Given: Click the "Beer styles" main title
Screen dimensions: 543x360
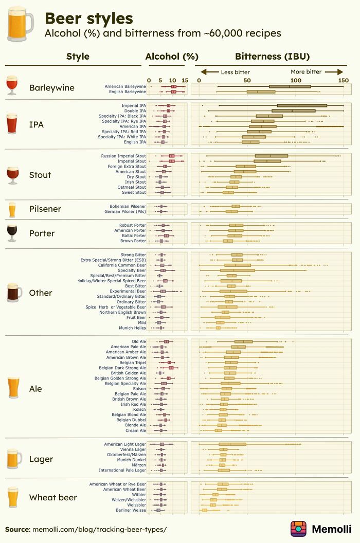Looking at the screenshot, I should click(x=88, y=19).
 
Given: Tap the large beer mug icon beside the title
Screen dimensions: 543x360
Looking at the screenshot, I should click(x=19, y=24).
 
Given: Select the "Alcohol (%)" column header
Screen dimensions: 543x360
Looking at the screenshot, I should click(x=172, y=57).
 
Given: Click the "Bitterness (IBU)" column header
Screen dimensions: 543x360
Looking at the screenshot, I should click(x=272, y=57).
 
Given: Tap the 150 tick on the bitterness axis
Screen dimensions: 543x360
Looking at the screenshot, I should click(x=343, y=80).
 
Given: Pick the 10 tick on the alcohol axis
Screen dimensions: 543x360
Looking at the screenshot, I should click(x=173, y=80).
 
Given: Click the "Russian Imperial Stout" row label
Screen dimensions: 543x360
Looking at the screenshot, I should click(x=123, y=156).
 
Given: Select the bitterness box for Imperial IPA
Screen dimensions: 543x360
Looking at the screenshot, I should click(x=302, y=105).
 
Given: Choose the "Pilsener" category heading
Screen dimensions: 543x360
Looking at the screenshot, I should click(x=45, y=209).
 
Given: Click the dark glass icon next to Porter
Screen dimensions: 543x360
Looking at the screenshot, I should click(x=12, y=232).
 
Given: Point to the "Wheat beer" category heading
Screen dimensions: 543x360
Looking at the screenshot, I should click(x=53, y=497).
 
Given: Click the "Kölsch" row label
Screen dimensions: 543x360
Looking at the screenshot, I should click(x=139, y=409).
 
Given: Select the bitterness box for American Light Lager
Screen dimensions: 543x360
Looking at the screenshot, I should click(x=232, y=444).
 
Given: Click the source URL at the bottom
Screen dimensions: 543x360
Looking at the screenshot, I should click(x=99, y=529).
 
